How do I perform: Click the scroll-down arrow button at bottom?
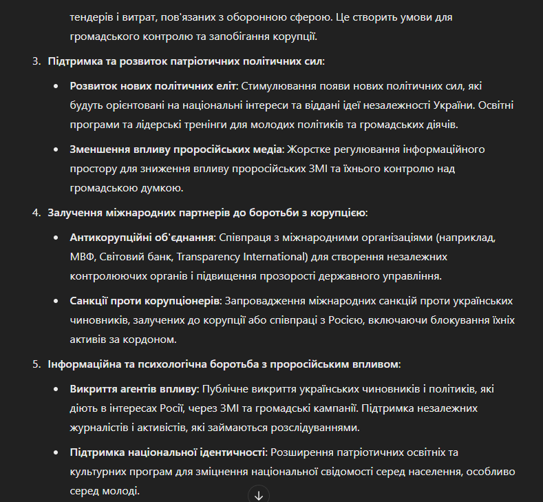point(259,494)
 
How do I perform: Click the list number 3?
point(36,61)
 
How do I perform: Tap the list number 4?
point(36,213)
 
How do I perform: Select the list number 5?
point(36,364)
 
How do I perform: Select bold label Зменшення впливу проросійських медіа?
point(175,149)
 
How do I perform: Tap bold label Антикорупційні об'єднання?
point(142,238)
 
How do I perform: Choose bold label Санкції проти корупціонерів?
point(145,301)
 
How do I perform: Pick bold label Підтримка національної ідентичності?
point(167,452)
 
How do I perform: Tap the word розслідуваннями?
point(314,428)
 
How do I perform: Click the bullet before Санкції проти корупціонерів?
point(56,302)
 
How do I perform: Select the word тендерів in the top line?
point(92,17)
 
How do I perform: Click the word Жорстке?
point(307,149)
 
